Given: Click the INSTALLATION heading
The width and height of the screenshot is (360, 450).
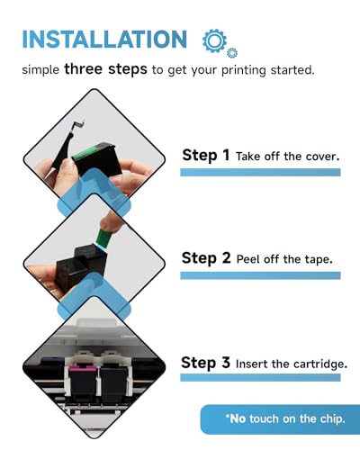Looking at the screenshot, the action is pos(104,40).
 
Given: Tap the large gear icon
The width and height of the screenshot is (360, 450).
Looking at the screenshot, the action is pos(214,40).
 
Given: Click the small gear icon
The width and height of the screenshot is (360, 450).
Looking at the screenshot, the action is pos(232,53).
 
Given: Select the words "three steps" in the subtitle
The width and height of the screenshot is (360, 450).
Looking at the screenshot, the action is pos(105,69).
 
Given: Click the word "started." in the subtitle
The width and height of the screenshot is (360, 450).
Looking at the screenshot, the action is pos(292,70).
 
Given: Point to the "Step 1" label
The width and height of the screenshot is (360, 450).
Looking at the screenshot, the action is pos(206,156).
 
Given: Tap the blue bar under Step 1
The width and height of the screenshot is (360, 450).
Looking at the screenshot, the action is pos(260,172).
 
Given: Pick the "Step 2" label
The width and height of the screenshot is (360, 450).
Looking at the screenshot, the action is pos(206,258).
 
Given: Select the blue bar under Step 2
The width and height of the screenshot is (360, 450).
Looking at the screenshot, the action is pos(260,275).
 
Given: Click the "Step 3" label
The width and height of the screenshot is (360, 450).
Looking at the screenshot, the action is pos(205,363).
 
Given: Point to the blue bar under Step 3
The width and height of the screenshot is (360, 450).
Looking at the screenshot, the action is pos(260,377).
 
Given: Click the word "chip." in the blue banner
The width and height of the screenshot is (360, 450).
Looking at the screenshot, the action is pos(332,419).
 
